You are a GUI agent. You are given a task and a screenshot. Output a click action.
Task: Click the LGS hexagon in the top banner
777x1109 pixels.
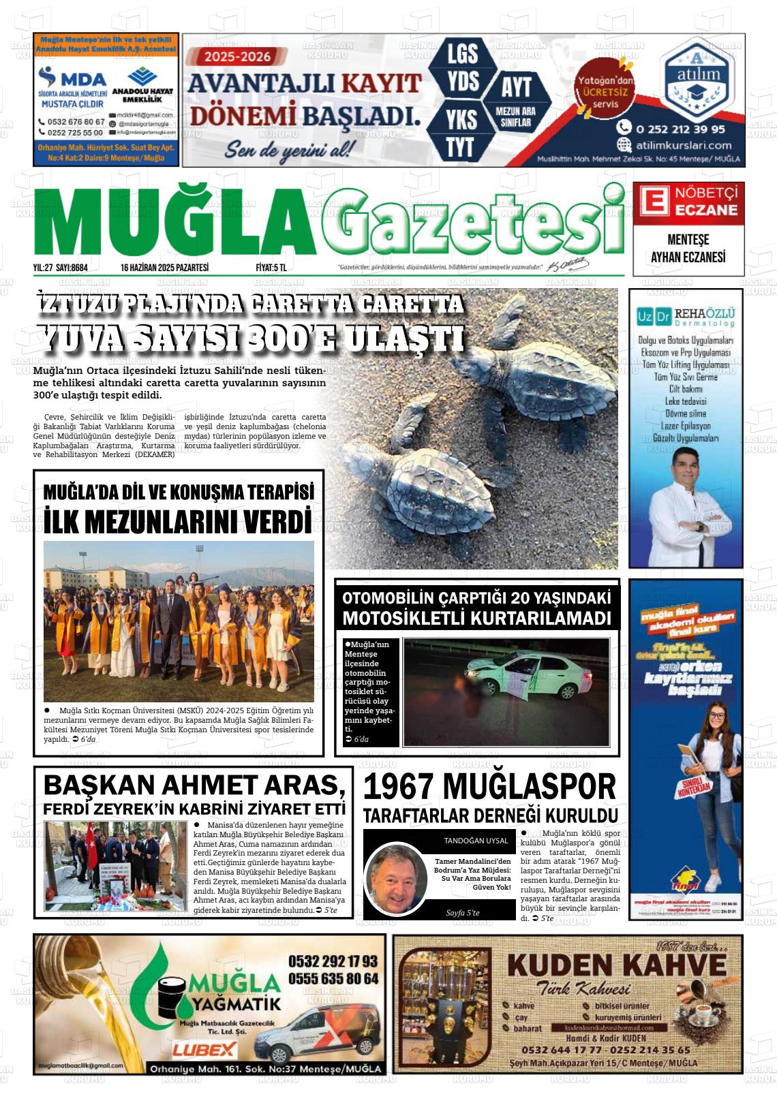[462, 54]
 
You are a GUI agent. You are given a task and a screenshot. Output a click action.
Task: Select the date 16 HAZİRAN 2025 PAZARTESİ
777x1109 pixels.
[164, 268]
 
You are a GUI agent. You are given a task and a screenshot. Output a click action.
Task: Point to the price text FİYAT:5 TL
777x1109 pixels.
[271, 268]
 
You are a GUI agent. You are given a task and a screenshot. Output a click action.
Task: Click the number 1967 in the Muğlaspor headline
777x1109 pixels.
[399, 787]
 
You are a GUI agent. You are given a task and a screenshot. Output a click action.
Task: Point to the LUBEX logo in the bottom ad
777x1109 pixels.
[204, 1050]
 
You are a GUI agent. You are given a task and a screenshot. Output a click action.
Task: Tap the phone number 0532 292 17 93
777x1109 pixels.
[333, 961]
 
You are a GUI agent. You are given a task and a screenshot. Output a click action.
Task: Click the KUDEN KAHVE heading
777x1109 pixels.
[616, 965]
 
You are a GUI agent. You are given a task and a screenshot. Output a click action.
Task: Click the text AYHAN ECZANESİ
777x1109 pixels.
[688, 257]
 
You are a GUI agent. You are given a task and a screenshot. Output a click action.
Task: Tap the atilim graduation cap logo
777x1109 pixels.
[701, 80]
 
